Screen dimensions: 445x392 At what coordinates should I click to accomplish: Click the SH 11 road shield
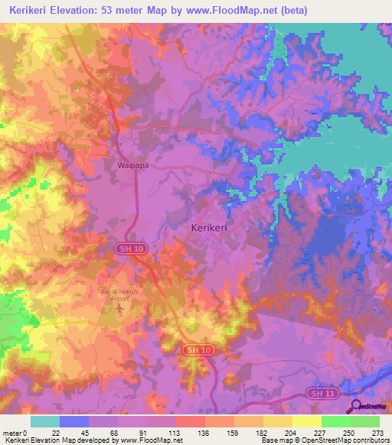tap(321, 392)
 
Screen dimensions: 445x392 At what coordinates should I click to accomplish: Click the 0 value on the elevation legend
tap(28, 432)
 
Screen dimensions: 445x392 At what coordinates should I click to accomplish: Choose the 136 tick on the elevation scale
tap(205, 432)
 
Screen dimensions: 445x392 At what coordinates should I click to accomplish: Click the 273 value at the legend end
tap(378, 432)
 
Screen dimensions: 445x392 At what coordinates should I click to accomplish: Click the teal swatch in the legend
tap(45, 421)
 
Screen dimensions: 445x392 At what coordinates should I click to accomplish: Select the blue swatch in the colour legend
tap(74, 421)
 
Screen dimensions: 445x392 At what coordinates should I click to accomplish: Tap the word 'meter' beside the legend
tap(13, 432)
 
